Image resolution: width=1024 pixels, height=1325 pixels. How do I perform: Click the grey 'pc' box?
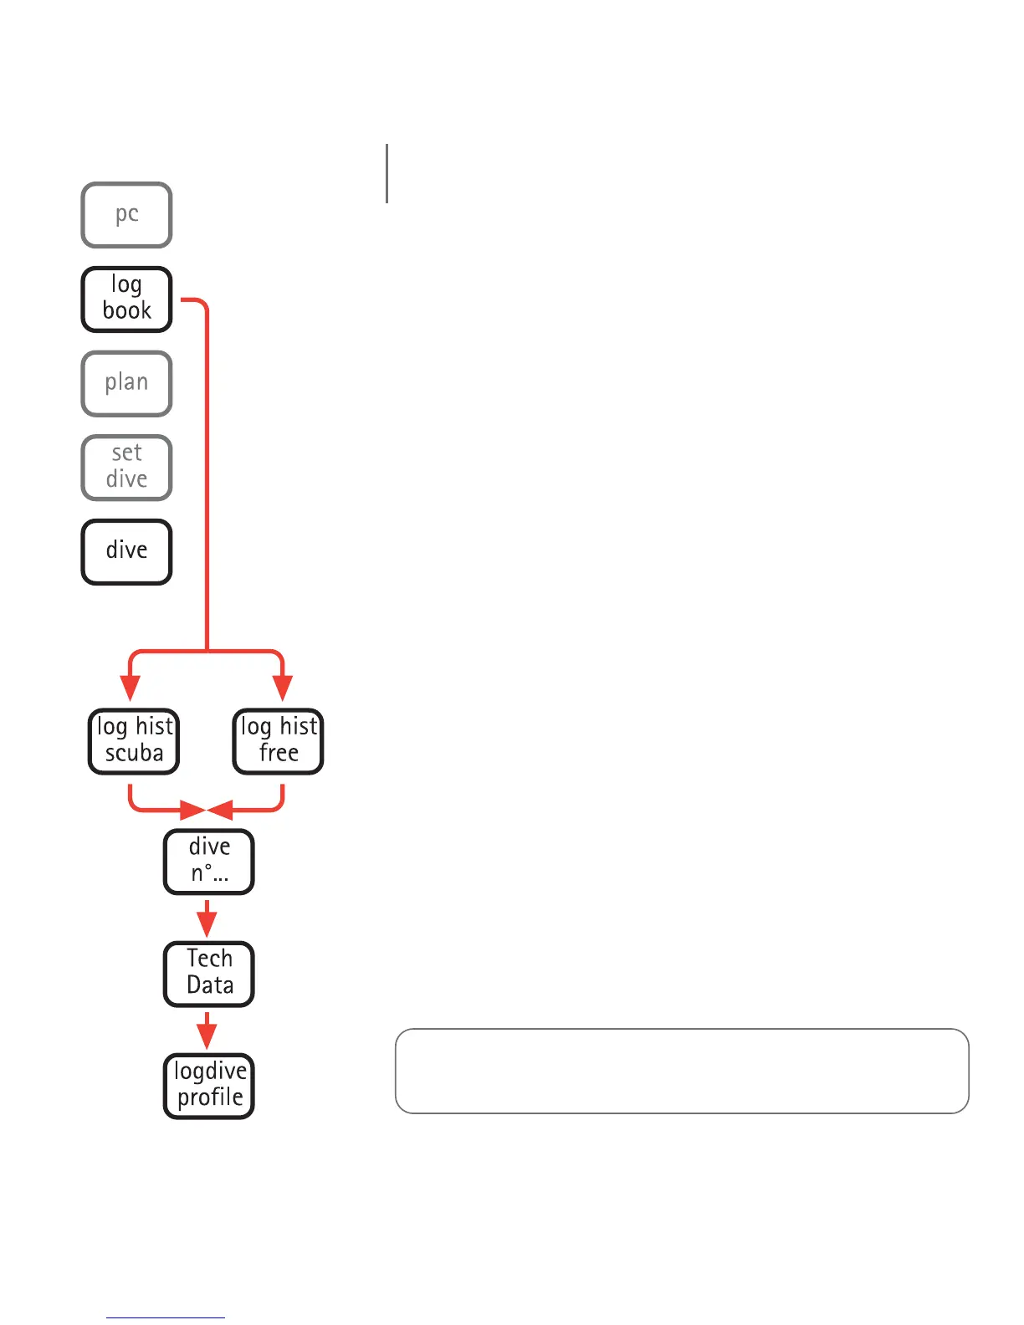coord(126,215)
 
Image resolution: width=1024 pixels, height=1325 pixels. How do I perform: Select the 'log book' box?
coord(126,299)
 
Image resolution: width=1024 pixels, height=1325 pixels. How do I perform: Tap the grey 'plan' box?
coord(126,383)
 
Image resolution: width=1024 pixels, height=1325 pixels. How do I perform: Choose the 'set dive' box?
coord(126,467)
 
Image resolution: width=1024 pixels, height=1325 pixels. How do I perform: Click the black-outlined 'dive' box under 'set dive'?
coord(126,551)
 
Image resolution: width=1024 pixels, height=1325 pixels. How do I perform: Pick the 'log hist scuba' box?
coord(134,741)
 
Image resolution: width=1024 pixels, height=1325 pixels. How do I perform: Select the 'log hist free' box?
coord(278,741)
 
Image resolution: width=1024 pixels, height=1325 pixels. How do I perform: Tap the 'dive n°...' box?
coord(208,862)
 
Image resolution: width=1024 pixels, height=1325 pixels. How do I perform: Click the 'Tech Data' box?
coord(208,974)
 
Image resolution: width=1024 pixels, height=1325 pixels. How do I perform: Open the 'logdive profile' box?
coord(208,1086)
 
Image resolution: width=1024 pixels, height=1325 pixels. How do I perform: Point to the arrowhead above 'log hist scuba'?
coord(130,688)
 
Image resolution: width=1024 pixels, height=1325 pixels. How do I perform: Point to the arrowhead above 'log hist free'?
coord(283,688)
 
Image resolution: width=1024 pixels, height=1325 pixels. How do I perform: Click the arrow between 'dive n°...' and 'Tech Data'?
coord(207,919)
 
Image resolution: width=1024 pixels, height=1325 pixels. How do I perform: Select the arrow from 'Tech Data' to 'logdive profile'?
coord(207,1031)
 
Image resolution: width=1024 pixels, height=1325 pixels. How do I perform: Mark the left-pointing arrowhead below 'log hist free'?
coord(220,810)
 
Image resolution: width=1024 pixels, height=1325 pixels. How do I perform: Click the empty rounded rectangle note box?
coord(682,1071)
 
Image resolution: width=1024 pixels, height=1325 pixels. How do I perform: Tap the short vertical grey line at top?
coord(387,173)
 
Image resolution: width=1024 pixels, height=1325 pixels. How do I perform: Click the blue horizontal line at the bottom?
coord(166,1317)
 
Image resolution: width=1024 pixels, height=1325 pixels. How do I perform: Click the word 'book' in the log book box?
coord(127,311)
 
